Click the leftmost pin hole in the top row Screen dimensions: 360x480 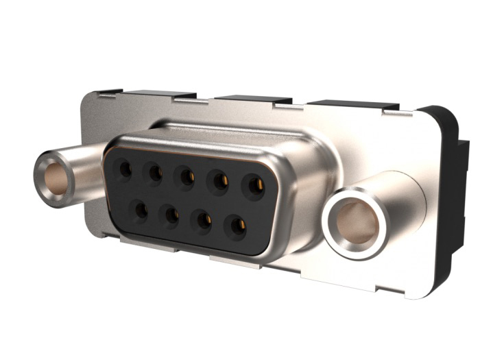coord(124,168)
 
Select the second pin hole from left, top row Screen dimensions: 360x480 coord(154,173)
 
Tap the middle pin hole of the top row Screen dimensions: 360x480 coord(186,177)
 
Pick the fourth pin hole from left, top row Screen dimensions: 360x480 coord(220,181)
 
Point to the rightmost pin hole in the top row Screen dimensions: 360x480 coord(255,186)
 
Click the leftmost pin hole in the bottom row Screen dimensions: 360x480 coord(140,210)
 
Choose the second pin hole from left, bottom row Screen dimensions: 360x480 coord(171,215)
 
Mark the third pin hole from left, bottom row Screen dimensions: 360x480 coord(203,220)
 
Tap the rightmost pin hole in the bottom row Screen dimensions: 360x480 coord(237,226)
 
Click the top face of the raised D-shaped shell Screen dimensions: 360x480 coord(226,133)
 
